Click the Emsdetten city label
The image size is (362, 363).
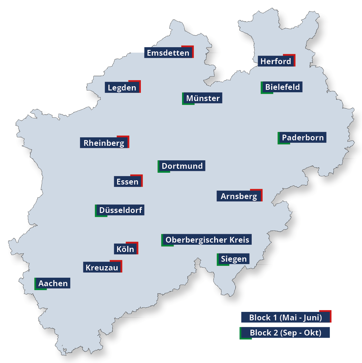coord(168,53)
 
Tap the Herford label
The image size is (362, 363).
coord(276,61)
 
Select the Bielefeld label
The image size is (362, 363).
coord(282,87)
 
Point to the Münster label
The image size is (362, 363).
coord(203,98)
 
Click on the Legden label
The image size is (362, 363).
coord(122,88)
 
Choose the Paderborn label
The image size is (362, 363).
coord(303,138)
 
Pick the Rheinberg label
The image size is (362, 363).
coord(104,143)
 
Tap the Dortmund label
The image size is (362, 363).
coord(182,166)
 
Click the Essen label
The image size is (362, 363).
coord(128,181)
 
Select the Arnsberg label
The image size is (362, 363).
coord(239,196)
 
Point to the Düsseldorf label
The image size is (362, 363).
coord(121,210)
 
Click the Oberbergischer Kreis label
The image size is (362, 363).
coord(207,240)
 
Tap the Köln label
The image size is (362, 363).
coord(125,249)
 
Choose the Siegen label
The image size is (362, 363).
coord(234,259)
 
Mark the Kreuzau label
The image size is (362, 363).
coord(102,267)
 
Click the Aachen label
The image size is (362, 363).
coord(53,283)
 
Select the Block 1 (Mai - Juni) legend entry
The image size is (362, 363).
coord(285,318)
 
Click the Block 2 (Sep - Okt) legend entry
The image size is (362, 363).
coord(285,333)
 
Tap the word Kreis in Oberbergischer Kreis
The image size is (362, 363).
coord(239,240)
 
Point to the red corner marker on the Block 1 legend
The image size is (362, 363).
coord(329,312)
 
